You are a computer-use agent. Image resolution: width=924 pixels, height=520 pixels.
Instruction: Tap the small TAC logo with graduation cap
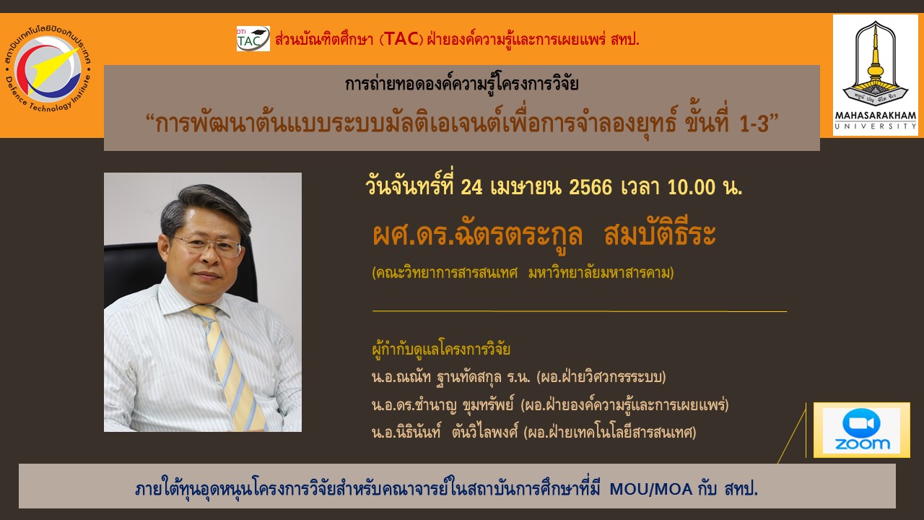(253, 39)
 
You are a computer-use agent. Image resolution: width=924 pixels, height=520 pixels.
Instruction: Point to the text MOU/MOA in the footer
(651, 490)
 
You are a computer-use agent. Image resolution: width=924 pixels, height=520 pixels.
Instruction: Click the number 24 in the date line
(471, 188)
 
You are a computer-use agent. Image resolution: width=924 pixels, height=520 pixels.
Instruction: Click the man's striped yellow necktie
(230, 368)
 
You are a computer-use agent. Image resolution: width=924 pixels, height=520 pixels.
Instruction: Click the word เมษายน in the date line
(526, 188)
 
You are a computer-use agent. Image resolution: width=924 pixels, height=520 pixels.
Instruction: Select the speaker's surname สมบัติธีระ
(660, 235)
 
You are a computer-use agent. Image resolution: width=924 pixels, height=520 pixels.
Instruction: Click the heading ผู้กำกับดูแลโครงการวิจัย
(441, 349)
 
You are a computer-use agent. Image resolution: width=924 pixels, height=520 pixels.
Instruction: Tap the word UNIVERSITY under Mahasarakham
(876, 126)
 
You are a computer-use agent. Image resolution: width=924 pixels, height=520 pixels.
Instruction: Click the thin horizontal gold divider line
(580, 311)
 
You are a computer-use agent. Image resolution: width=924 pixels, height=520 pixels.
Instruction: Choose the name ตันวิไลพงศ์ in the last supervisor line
(484, 432)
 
